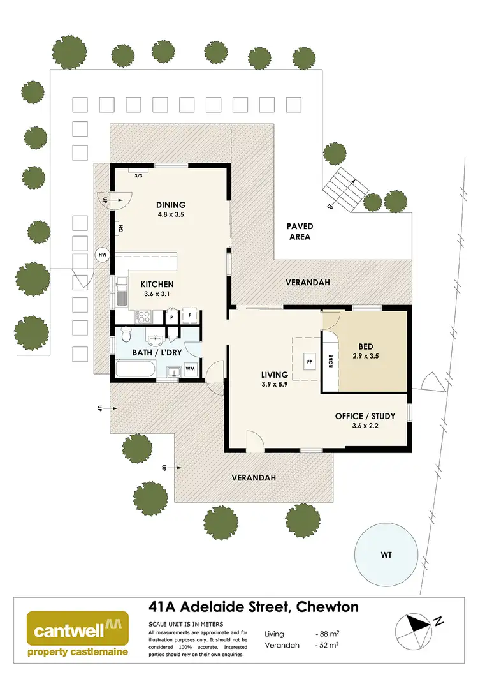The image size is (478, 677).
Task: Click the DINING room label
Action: click(x=171, y=205)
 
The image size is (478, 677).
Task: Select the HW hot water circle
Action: click(x=101, y=255)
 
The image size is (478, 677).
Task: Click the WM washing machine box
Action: click(x=190, y=368)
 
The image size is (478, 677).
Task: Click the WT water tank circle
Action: click(x=386, y=554)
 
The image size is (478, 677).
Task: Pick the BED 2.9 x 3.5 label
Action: click(x=365, y=353)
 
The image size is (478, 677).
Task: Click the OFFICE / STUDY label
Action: click(x=365, y=416)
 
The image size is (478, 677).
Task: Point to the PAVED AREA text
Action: click(x=299, y=232)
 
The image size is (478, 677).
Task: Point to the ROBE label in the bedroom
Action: click(x=331, y=362)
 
